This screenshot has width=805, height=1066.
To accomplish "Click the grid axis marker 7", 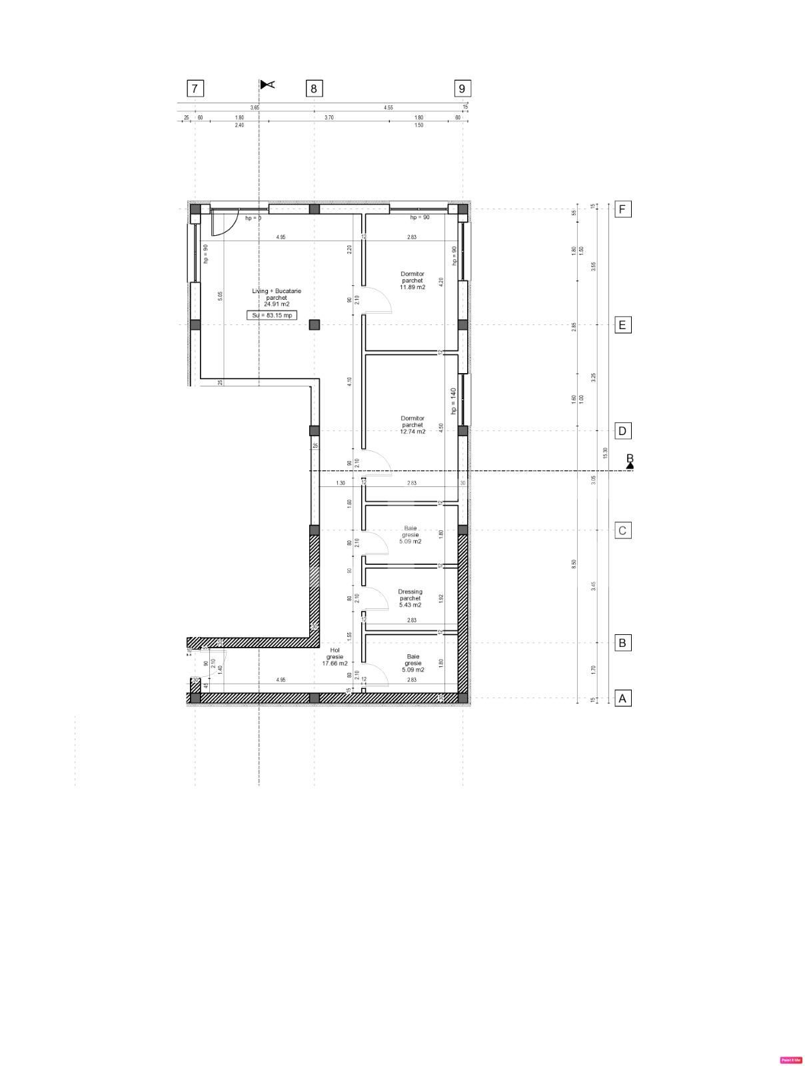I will pyautogui.click(x=195, y=89).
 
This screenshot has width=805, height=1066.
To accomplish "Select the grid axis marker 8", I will pyautogui.click(x=314, y=88).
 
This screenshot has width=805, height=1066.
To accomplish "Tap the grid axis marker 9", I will pyautogui.click(x=462, y=88).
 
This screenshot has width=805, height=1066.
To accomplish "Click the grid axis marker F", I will pyautogui.click(x=622, y=209).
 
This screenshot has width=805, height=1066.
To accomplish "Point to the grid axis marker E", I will pyautogui.click(x=622, y=325).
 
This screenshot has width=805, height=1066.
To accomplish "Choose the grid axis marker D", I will pyautogui.click(x=622, y=430).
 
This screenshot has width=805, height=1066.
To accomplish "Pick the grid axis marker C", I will pyautogui.click(x=622, y=530).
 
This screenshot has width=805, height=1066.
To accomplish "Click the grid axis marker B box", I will pyautogui.click(x=622, y=643).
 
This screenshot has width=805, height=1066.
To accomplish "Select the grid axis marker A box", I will pyautogui.click(x=622, y=698).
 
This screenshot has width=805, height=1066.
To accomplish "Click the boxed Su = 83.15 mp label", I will pyautogui.click(x=272, y=315).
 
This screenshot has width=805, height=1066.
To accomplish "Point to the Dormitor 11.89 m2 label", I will pyautogui.click(x=412, y=280).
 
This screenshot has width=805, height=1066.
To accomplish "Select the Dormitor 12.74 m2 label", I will pyautogui.click(x=412, y=425).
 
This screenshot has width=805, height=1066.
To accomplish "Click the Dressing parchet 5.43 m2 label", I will pyautogui.click(x=410, y=598).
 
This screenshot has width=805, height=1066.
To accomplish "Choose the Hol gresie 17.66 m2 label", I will pyautogui.click(x=335, y=657).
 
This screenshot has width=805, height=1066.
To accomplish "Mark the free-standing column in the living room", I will pyautogui.click(x=315, y=324).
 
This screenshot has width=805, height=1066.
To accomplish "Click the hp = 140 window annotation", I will pyautogui.click(x=453, y=401).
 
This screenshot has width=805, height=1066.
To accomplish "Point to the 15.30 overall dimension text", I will pyautogui.click(x=605, y=452).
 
